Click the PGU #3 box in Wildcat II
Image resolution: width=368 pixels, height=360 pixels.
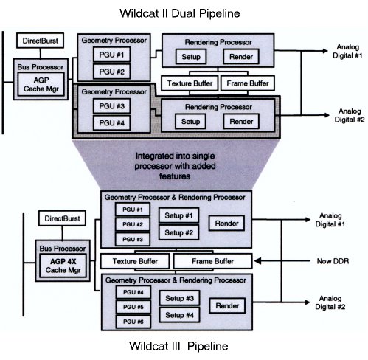[x=112, y=106]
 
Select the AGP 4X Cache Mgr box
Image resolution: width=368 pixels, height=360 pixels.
[x=63, y=266]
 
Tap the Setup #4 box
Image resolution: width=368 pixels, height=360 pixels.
[x=179, y=315]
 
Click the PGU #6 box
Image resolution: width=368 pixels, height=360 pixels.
[x=133, y=322]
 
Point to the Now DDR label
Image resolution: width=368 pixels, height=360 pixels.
[x=333, y=261]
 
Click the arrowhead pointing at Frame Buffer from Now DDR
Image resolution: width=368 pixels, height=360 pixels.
[x=257, y=261]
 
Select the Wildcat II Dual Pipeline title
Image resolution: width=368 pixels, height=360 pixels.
[x=180, y=13]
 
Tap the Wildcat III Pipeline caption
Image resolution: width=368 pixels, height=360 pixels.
[x=178, y=346]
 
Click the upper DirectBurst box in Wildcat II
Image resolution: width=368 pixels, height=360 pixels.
[x=41, y=41]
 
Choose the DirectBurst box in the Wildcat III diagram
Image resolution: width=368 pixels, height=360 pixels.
[x=62, y=218]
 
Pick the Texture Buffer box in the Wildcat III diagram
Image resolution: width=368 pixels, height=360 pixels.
[x=135, y=261]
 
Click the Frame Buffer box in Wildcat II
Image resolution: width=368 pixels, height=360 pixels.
[x=248, y=83]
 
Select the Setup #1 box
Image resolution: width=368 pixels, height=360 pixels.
[x=178, y=215]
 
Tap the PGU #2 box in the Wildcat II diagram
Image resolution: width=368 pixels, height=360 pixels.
[x=112, y=72]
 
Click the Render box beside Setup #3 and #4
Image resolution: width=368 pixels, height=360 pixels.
[x=227, y=305]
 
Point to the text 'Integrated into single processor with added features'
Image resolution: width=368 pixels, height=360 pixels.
[x=175, y=166]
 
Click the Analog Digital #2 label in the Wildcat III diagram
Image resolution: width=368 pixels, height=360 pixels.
[x=330, y=302]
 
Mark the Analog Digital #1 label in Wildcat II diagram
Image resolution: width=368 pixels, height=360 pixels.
[x=347, y=51]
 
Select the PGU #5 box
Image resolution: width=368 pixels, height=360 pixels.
[x=133, y=307]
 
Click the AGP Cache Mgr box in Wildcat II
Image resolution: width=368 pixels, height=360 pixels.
[x=41, y=84]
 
